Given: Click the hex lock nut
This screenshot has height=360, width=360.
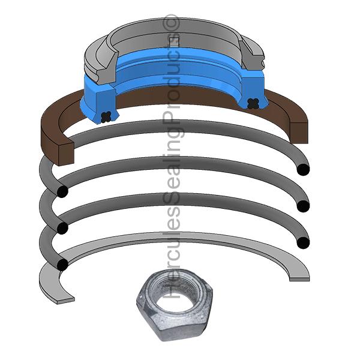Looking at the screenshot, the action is click(175, 305).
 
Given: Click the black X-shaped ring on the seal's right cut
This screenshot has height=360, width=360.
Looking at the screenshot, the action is click(253, 103).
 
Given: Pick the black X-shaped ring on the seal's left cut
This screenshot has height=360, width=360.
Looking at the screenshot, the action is click(106, 116).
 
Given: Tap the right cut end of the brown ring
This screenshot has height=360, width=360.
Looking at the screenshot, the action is click(299, 133).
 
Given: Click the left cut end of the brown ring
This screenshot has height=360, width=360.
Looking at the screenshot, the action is click(66, 154).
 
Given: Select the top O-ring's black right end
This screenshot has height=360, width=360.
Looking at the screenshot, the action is click(303, 170).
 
